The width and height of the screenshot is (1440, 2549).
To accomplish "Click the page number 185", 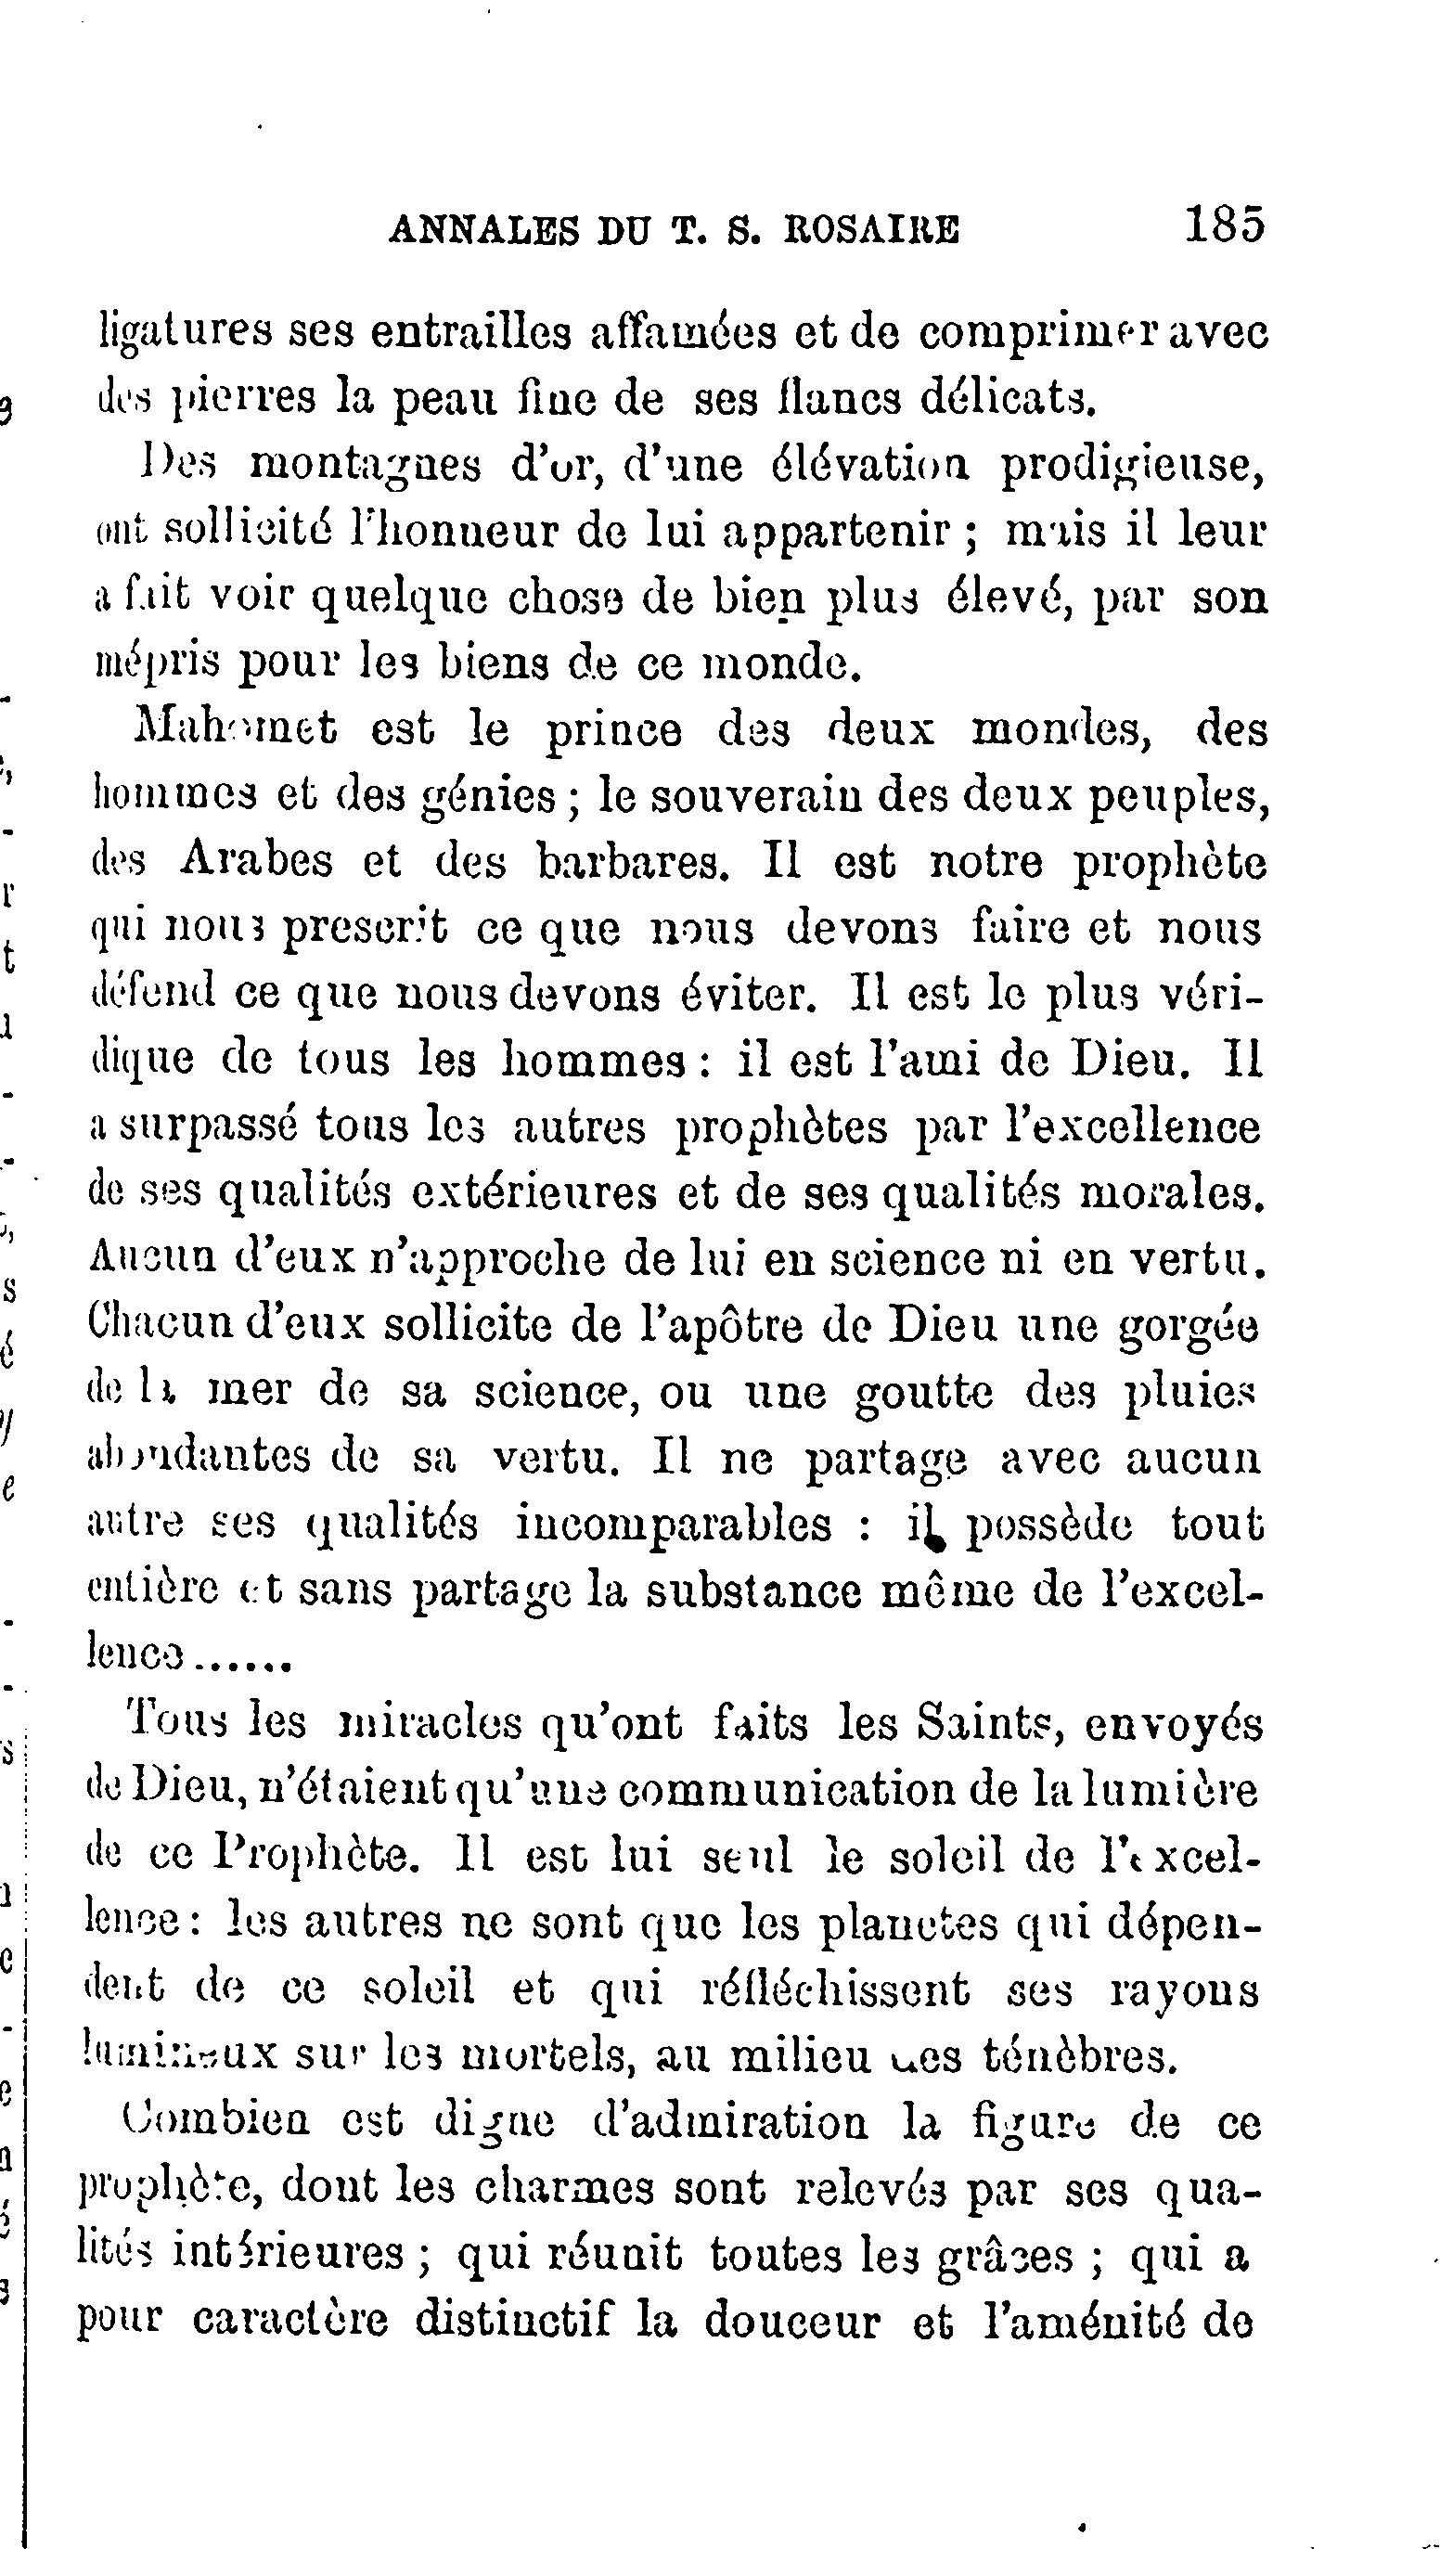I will [1223, 225].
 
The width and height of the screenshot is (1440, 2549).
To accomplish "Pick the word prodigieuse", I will [1132, 467].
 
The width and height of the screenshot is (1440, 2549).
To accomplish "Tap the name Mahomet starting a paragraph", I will [235, 731].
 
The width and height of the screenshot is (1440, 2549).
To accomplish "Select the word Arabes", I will [257, 862].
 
